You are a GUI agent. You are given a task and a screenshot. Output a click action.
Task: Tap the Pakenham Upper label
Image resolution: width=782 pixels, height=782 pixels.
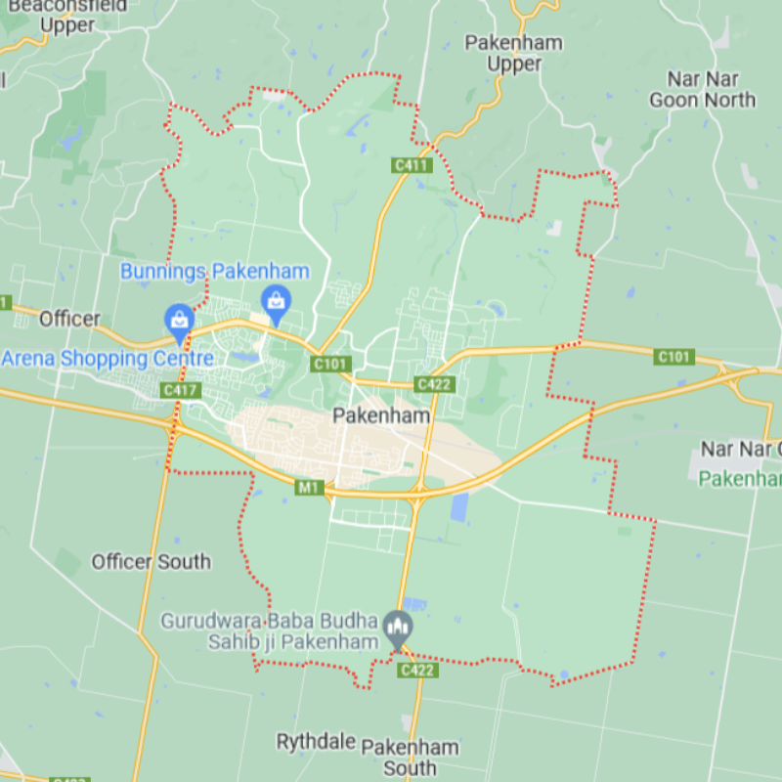click(x=514, y=53)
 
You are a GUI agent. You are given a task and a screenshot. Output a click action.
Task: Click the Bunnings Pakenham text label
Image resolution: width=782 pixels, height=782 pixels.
click(x=214, y=272)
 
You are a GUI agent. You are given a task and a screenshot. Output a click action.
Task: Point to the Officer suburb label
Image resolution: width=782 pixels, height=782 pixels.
click(x=69, y=319)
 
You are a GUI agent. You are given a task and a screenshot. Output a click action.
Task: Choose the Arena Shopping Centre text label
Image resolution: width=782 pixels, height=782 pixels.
click(x=108, y=358)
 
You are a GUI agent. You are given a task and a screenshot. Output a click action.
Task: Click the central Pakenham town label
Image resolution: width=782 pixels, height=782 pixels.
click(x=381, y=415)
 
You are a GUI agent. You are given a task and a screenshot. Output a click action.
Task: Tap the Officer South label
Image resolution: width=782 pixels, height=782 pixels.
click(x=151, y=561)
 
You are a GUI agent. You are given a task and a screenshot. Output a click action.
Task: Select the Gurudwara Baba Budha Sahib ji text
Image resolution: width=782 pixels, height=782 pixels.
click(x=269, y=631)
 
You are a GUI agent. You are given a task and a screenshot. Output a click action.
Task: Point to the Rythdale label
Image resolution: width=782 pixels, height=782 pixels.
click(x=315, y=741)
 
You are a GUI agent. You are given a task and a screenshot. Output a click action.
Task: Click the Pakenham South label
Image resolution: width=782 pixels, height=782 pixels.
click(x=410, y=758)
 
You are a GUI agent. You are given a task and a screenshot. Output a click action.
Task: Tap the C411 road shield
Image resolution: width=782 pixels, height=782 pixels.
click(x=412, y=165)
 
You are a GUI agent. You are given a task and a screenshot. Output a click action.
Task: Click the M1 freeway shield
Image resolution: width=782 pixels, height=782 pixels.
click(x=310, y=487)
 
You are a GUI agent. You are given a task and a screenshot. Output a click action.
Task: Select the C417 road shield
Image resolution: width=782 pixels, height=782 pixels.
click(x=181, y=390)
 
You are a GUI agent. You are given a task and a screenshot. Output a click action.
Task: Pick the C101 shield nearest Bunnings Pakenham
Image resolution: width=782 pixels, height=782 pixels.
click(x=330, y=364)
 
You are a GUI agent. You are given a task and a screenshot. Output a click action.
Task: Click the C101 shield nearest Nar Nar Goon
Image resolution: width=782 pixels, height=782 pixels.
click(x=674, y=357)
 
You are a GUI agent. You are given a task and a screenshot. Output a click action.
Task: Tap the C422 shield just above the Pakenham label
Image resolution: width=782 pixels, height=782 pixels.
click(x=433, y=384)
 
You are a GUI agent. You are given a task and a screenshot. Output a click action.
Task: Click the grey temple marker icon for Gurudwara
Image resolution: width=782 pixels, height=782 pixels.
click(x=397, y=625)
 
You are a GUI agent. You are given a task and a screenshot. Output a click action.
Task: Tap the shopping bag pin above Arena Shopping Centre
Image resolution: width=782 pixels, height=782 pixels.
click(x=179, y=319)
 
